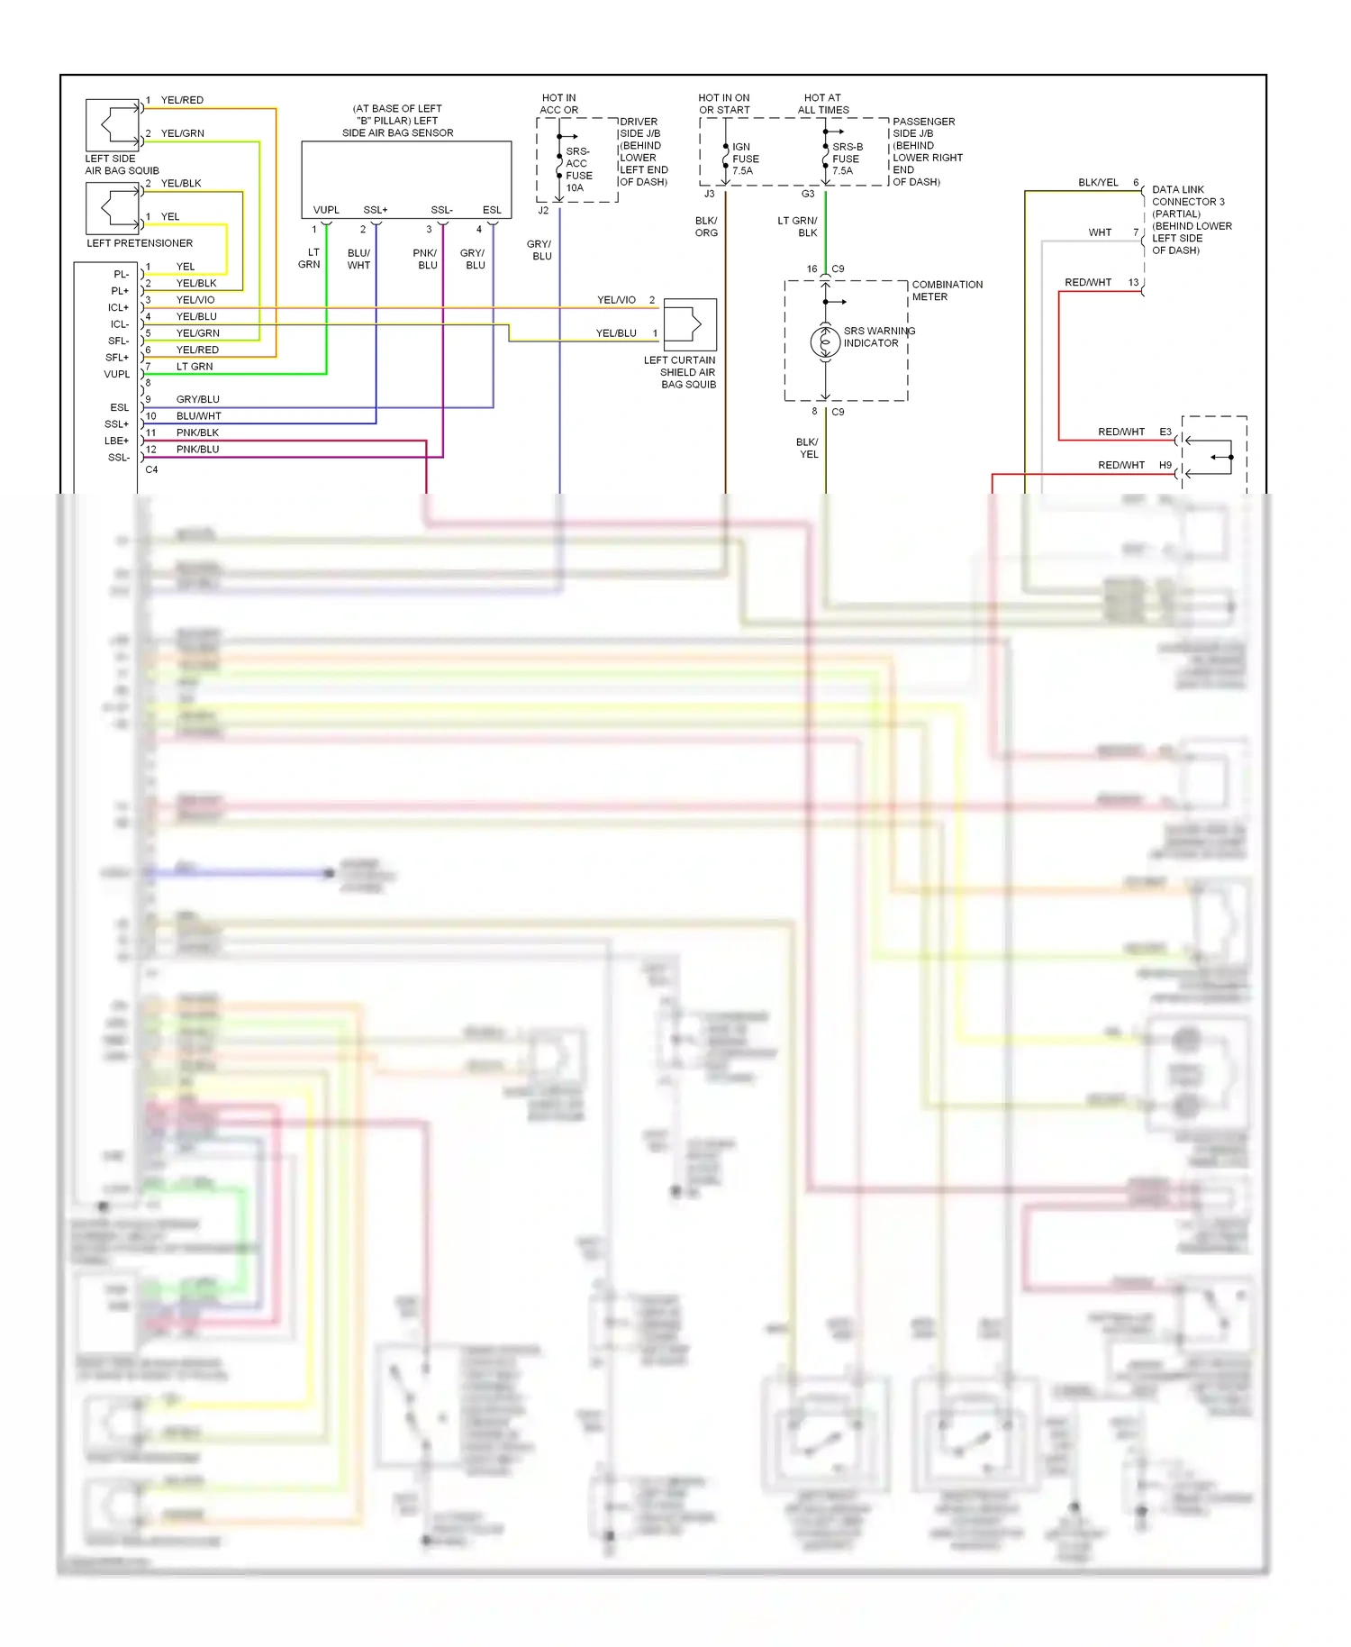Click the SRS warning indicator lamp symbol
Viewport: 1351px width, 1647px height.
pos(825,341)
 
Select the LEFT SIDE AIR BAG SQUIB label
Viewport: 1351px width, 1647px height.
pos(122,165)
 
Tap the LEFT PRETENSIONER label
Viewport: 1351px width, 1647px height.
pos(140,243)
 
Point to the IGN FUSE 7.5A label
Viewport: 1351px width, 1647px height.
pos(745,159)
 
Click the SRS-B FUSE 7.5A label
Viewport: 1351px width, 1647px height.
pos(846,159)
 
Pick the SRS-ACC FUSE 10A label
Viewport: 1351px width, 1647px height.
pos(578,169)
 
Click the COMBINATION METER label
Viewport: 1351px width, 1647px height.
pos(947,291)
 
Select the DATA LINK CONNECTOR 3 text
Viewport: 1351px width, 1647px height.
pos(1187,196)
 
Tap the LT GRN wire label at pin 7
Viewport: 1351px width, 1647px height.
pos(195,367)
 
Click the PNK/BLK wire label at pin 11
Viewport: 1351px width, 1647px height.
pos(197,433)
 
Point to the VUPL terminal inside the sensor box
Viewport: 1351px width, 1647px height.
pos(326,210)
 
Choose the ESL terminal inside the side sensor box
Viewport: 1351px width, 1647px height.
pos(492,210)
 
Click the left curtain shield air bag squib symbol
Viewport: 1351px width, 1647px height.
pos(690,324)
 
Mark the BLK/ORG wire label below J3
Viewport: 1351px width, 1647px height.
pos(706,227)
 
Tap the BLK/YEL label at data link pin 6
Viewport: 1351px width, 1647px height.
pos(1098,183)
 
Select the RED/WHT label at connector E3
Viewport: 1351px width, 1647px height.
pos(1120,432)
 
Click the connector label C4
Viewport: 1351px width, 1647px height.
pos(151,469)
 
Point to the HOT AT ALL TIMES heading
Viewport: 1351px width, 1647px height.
pos(822,104)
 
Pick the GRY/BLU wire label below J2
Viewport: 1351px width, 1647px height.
pos(539,250)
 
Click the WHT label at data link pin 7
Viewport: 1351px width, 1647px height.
pos(1100,232)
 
